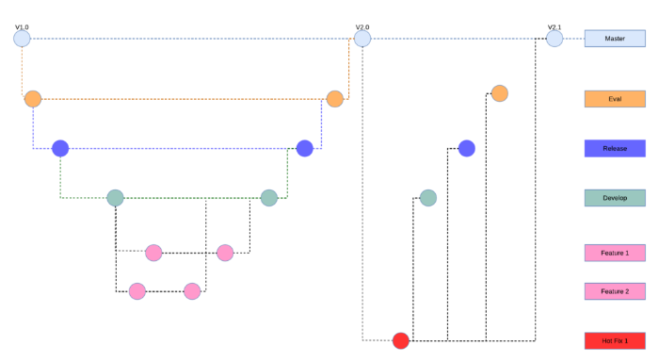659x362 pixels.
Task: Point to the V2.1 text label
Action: (555, 26)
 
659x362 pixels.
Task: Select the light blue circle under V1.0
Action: (23, 39)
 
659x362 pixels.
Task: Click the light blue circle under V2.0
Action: (362, 39)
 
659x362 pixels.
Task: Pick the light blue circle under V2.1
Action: (555, 39)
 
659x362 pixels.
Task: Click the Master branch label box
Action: (615, 39)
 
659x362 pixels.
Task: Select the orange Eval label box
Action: (615, 99)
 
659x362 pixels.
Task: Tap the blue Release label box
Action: (615, 148)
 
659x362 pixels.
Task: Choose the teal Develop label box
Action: (615, 198)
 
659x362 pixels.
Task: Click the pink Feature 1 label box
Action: (615, 253)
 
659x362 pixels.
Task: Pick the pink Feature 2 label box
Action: (615, 291)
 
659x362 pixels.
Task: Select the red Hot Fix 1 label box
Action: (615, 339)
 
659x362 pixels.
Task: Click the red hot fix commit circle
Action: (401, 340)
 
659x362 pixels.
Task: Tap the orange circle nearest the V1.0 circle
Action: (33, 99)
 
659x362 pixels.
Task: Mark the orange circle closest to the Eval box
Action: (500, 93)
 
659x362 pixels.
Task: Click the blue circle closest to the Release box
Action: (466, 148)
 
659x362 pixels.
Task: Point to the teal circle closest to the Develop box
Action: (428, 198)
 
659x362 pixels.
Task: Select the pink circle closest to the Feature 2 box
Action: (193, 291)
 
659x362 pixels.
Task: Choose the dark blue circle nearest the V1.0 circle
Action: (60, 148)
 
